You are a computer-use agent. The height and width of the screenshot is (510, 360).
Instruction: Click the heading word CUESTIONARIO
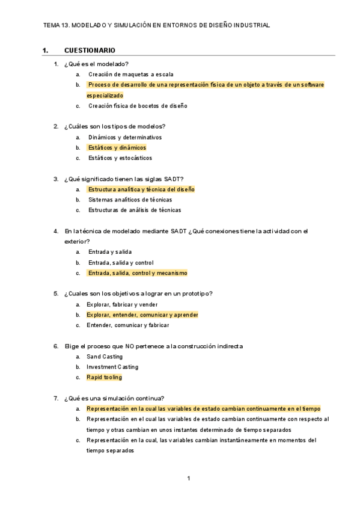point(90,51)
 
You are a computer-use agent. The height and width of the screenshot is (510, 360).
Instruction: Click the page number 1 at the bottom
point(189,479)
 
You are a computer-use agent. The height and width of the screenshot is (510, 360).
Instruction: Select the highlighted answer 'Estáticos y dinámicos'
point(117,148)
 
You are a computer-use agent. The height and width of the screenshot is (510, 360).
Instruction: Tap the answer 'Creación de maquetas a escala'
point(131,75)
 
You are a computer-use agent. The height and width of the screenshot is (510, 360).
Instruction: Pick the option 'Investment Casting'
point(112,367)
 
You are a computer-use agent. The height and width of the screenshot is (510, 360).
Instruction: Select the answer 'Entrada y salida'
point(110,252)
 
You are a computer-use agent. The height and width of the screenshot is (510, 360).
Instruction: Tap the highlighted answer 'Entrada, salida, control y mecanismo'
point(138,273)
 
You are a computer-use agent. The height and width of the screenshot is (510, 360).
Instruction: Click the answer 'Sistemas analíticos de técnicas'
point(130,200)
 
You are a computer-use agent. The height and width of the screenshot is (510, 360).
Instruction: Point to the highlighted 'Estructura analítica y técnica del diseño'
point(141,189)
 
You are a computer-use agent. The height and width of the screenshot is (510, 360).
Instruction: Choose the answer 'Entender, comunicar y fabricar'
point(127,325)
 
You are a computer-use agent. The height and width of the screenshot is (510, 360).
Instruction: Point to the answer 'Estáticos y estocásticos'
point(120,158)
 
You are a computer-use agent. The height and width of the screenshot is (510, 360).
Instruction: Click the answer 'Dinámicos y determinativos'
point(124,137)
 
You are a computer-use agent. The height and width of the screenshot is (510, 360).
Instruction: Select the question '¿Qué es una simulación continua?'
point(114,398)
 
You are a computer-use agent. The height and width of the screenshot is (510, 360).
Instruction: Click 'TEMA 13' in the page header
point(56,26)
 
